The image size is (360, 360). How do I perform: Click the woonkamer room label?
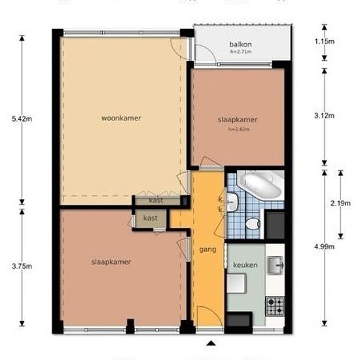pos(122,118)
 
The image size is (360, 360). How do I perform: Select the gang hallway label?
pos(207,250)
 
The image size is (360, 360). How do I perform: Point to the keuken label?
pos(245,265)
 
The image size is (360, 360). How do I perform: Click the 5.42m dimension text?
pos(12,118)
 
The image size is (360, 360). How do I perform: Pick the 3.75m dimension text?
pos(12,266)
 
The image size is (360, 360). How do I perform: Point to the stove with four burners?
pos(275,304)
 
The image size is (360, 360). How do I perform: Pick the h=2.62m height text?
pos(240,129)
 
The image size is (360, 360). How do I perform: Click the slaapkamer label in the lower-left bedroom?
pos(111,262)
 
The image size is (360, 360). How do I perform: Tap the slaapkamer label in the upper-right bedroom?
pos(238,120)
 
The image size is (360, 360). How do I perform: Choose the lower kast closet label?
pos(151,218)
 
